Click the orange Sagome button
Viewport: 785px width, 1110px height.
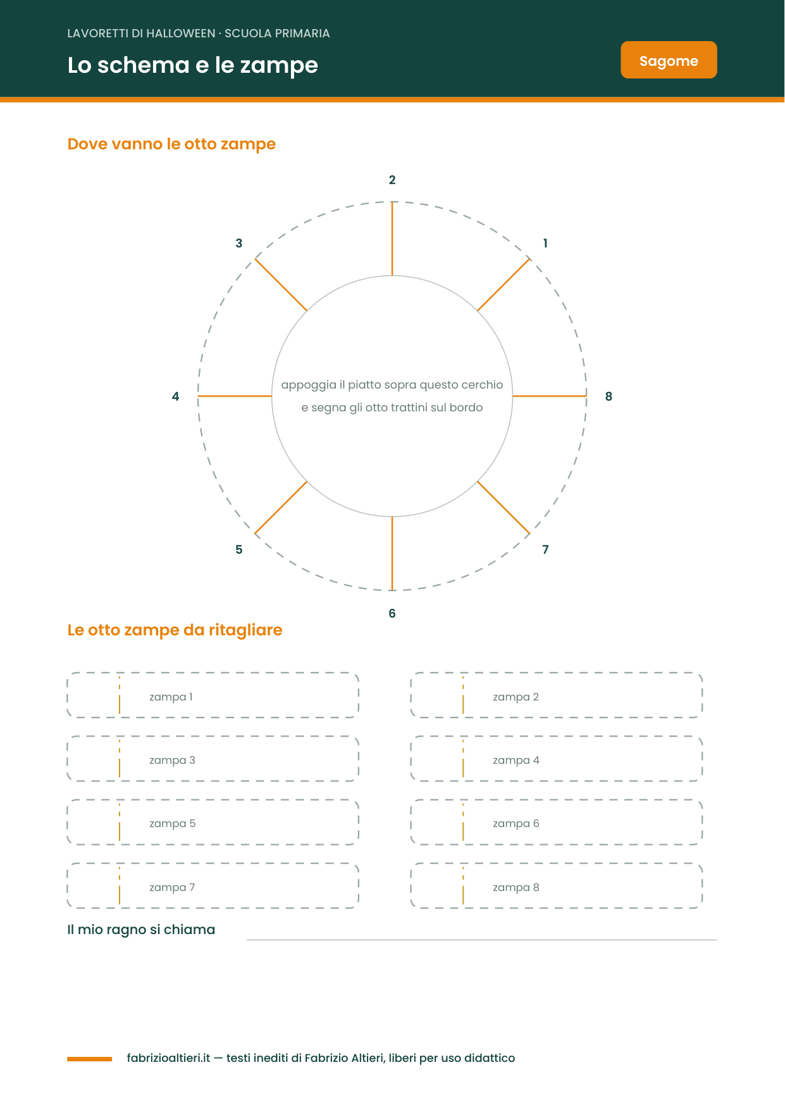click(669, 60)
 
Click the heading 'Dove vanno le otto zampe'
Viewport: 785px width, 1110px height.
click(171, 144)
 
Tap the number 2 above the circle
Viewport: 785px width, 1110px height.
click(392, 180)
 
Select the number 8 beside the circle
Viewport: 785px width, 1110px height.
click(609, 396)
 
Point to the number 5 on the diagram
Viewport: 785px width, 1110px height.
click(239, 549)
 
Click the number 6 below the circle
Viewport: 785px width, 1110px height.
click(392, 613)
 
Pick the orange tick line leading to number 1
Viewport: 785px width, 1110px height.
click(504, 285)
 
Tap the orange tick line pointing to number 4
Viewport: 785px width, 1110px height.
click(235, 396)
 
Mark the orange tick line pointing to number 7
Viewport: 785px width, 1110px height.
click(504, 508)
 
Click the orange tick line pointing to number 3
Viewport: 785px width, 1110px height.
click(281, 285)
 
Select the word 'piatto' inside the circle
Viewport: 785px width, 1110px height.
click(364, 385)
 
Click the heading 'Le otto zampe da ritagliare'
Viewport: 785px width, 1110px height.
click(175, 630)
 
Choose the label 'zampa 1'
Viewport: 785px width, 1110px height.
click(171, 697)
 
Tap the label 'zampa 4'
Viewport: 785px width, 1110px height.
click(516, 760)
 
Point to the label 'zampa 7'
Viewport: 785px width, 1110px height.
click(172, 887)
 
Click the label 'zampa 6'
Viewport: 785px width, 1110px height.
click(516, 823)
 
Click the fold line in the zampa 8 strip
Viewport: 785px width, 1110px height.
click(463, 886)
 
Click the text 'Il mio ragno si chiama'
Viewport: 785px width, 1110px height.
click(141, 930)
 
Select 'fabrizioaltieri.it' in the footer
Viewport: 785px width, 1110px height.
click(168, 1058)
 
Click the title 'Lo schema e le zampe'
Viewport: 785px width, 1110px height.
click(193, 65)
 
